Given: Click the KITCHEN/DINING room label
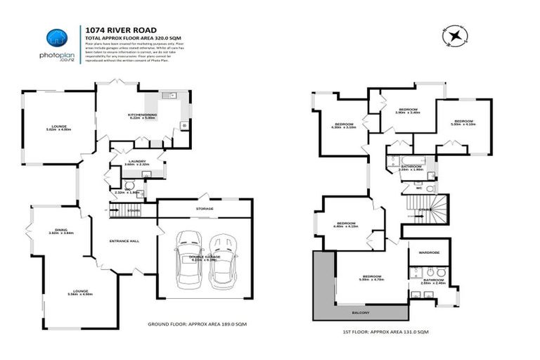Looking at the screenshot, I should click(x=142, y=116).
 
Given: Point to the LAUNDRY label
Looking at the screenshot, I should click(x=136, y=162).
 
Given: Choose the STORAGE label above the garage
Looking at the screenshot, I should click(x=204, y=208).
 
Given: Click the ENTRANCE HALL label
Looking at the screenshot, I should click(x=124, y=240).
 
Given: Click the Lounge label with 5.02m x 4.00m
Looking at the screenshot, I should click(x=59, y=128).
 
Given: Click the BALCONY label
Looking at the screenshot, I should click(x=360, y=312).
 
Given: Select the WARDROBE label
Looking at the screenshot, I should click(x=429, y=251).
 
